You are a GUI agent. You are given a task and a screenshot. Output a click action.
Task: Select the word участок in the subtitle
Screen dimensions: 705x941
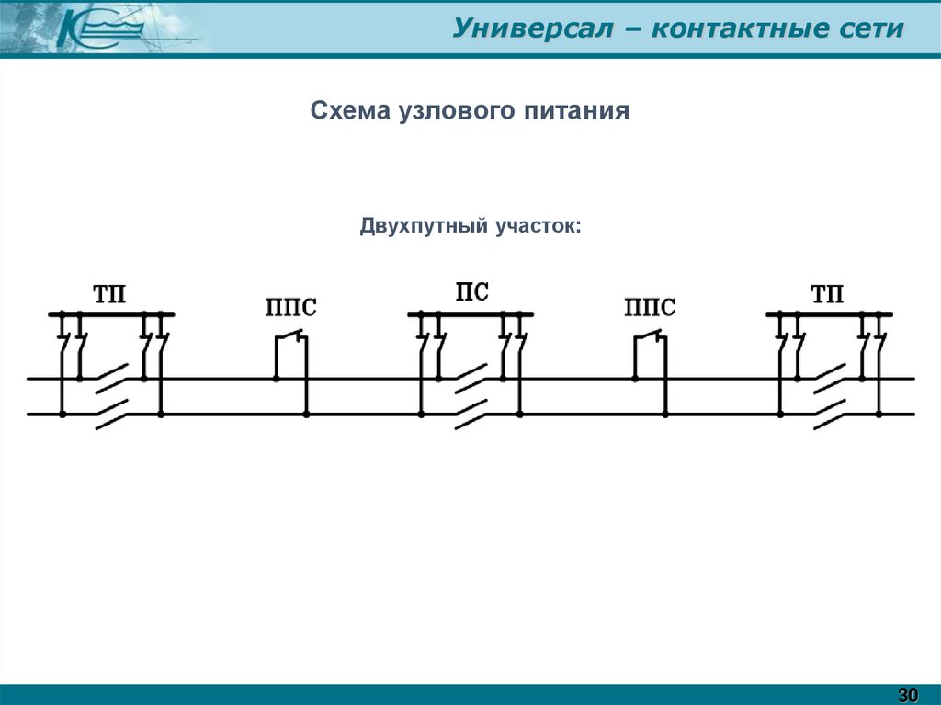538,225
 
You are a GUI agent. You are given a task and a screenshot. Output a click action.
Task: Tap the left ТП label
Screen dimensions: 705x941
110,295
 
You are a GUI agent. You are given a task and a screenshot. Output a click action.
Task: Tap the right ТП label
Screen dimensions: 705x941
827,295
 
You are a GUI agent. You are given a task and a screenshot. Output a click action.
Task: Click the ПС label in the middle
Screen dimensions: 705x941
471,293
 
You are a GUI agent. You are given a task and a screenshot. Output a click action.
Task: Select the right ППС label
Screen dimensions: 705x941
649,308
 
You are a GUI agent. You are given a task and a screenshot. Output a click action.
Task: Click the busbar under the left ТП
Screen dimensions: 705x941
111,314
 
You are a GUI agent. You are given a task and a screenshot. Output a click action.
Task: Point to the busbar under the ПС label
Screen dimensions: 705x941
470,314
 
